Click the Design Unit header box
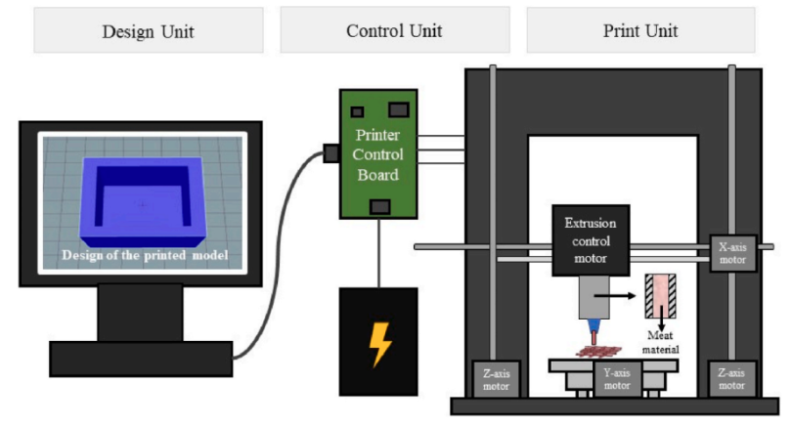point(148,31)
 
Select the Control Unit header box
point(394,31)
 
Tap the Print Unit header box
point(640,31)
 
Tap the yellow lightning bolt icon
point(378,342)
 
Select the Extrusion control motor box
point(591,240)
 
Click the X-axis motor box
point(731,253)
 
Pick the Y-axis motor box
point(616,378)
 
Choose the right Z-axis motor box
point(732,378)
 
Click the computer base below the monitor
point(140,358)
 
